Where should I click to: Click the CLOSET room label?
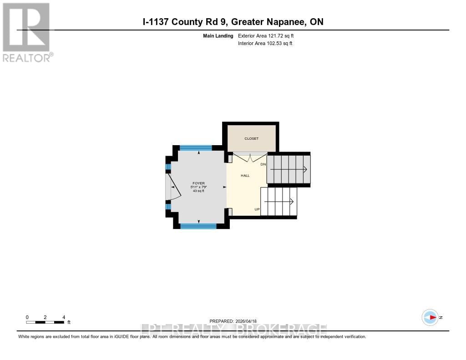tap(251, 139)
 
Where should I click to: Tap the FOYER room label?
tap(198, 183)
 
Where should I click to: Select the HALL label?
tap(245, 175)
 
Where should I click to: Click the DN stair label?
tap(263, 164)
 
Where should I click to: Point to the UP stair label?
tap(257, 209)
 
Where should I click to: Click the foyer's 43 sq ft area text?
tap(198, 191)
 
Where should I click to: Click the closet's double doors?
tap(249, 158)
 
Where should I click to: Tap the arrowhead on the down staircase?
tap(304, 169)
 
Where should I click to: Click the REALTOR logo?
tap(27, 32)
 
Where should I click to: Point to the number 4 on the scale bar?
tap(64, 317)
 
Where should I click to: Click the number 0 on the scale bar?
tap(27, 317)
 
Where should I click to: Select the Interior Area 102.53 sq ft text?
tap(265, 43)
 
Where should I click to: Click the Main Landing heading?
tap(218, 35)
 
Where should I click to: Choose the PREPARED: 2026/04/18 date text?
tap(233, 321)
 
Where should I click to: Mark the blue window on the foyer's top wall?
tap(196, 147)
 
